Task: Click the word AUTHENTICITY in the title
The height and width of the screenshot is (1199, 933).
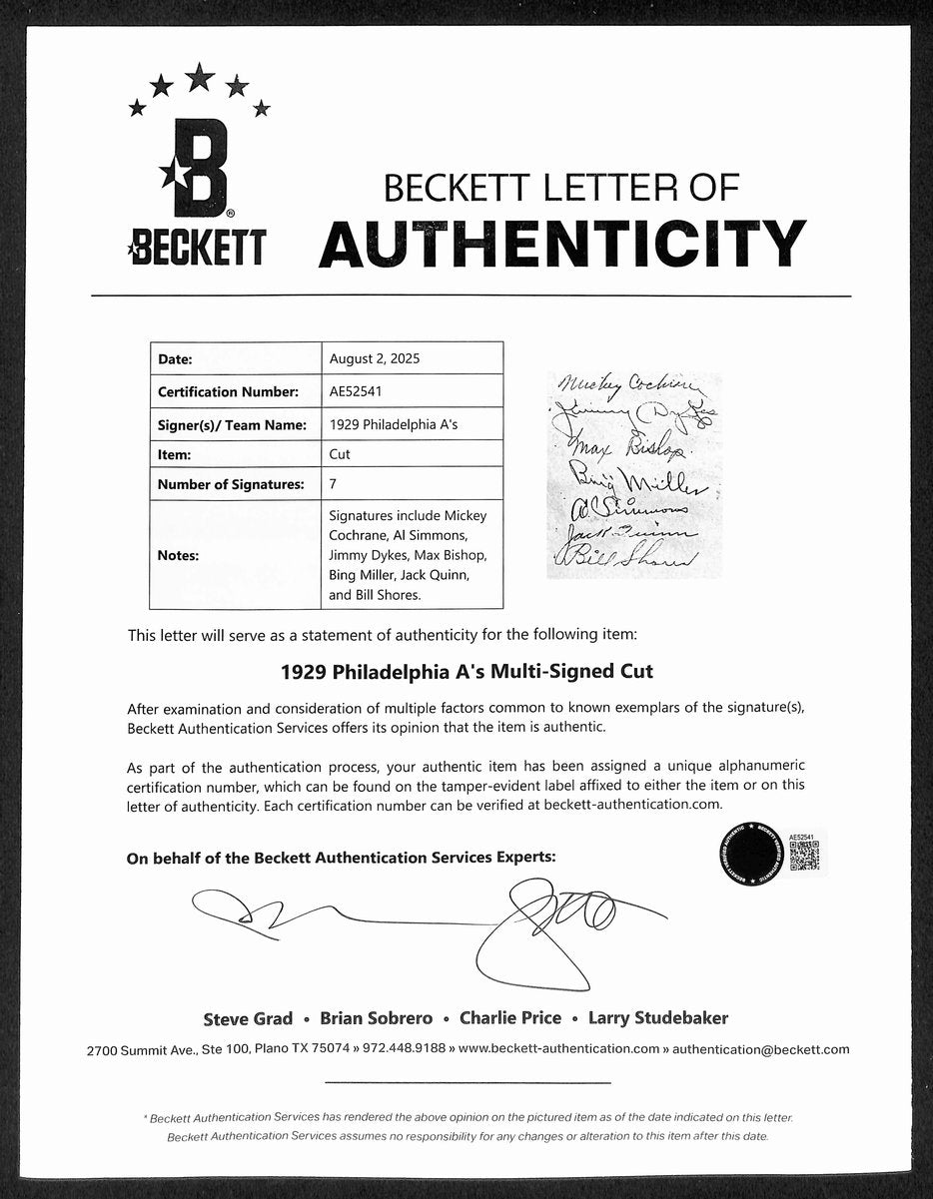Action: [x=562, y=243]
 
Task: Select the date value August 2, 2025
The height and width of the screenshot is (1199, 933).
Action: [x=370, y=358]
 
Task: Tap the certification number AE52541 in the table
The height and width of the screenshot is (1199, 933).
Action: [x=355, y=391]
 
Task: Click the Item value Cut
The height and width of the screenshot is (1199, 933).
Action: [x=340, y=454]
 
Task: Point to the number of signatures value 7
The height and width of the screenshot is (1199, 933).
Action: [x=333, y=484]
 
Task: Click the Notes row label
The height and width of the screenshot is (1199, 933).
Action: [x=178, y=555]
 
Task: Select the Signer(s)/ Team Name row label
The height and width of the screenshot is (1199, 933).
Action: [x=232, y=424]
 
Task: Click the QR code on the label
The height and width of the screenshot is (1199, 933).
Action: [x=804, y=855]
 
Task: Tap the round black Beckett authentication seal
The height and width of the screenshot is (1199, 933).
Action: [x=748, y=855]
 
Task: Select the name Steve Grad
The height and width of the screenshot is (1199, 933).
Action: [x=248, y=1018]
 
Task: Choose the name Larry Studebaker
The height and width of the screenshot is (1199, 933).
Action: [x=658, y=1018]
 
